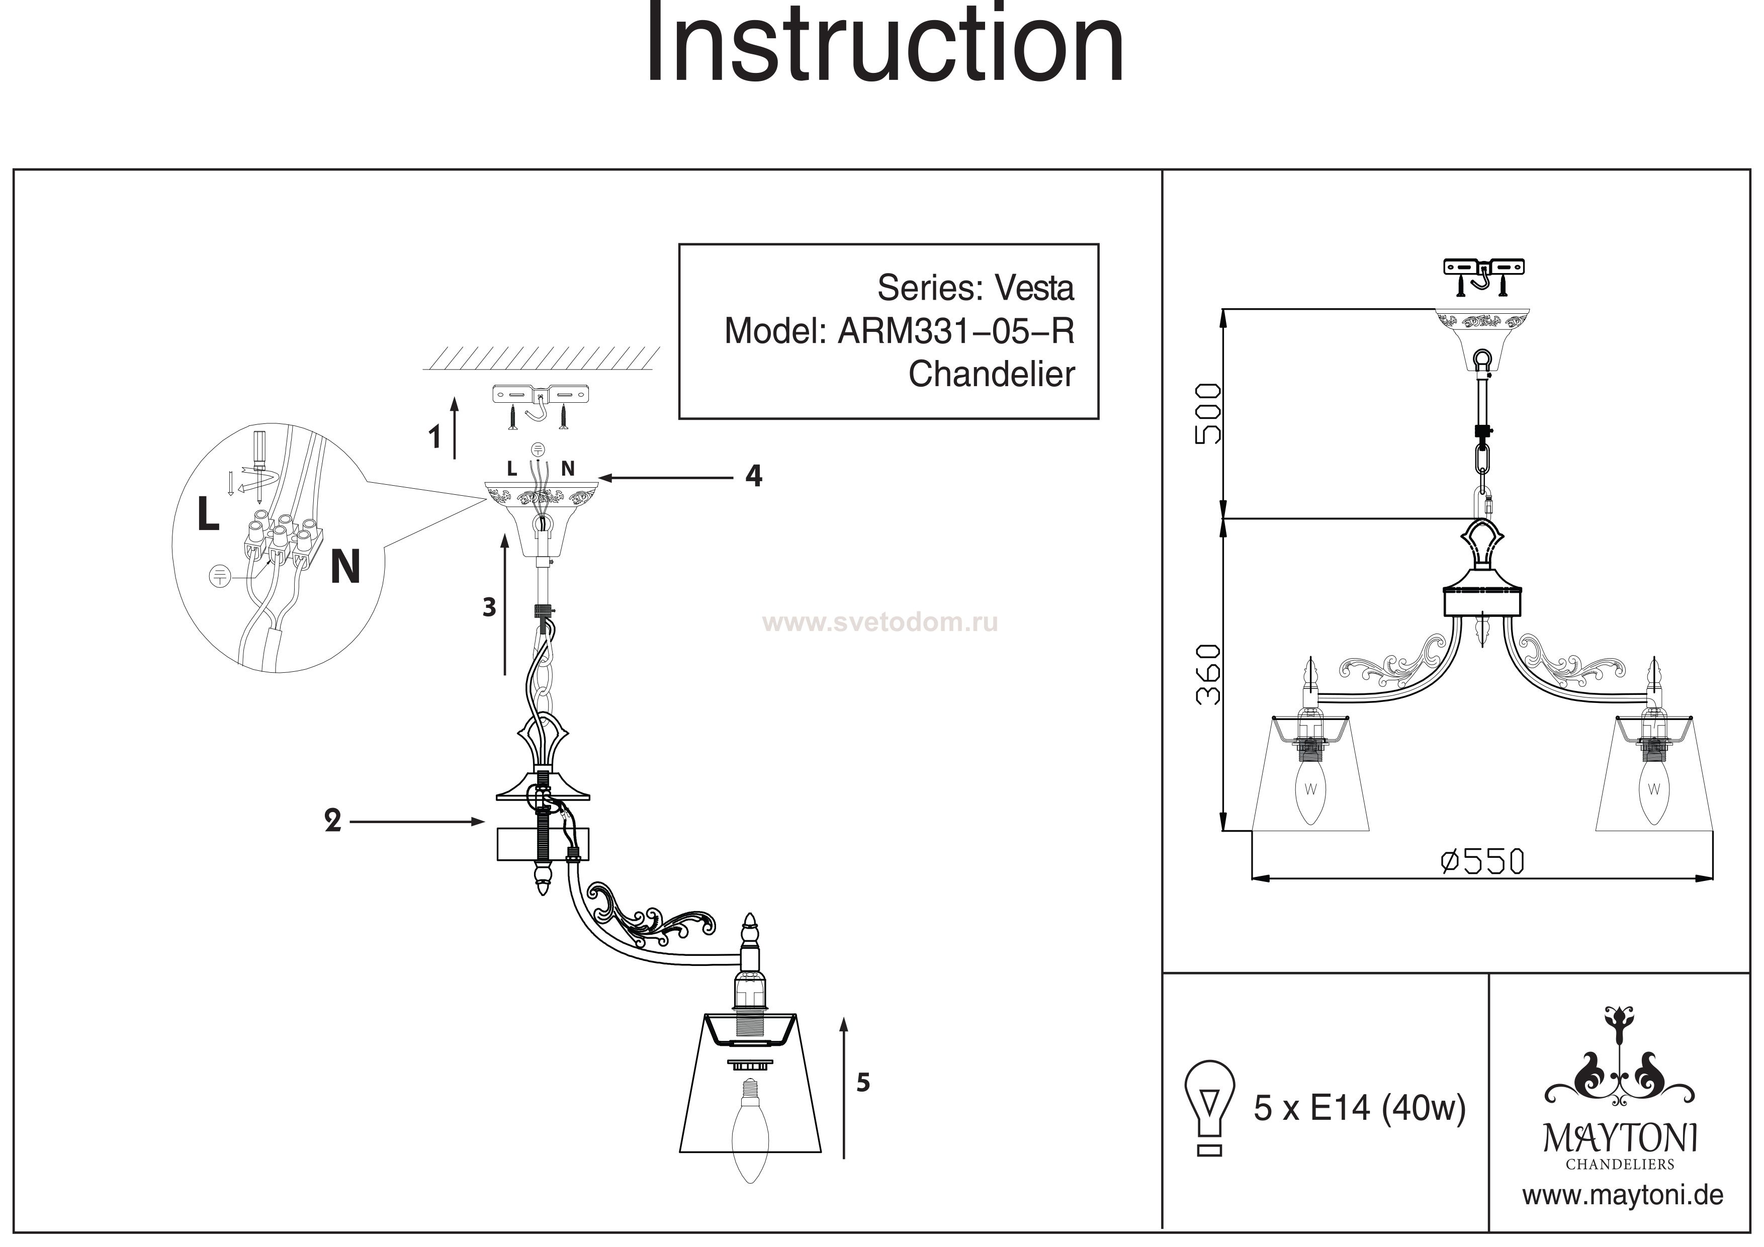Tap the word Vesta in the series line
(x=1034, y=288)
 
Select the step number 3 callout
(x=489, y=608)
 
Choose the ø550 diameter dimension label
(x=1481, y=861)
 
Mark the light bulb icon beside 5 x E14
(x=1209, y=1107)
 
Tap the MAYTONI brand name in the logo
(x=1620, y=1139)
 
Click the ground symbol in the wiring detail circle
(x=220, y=575)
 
